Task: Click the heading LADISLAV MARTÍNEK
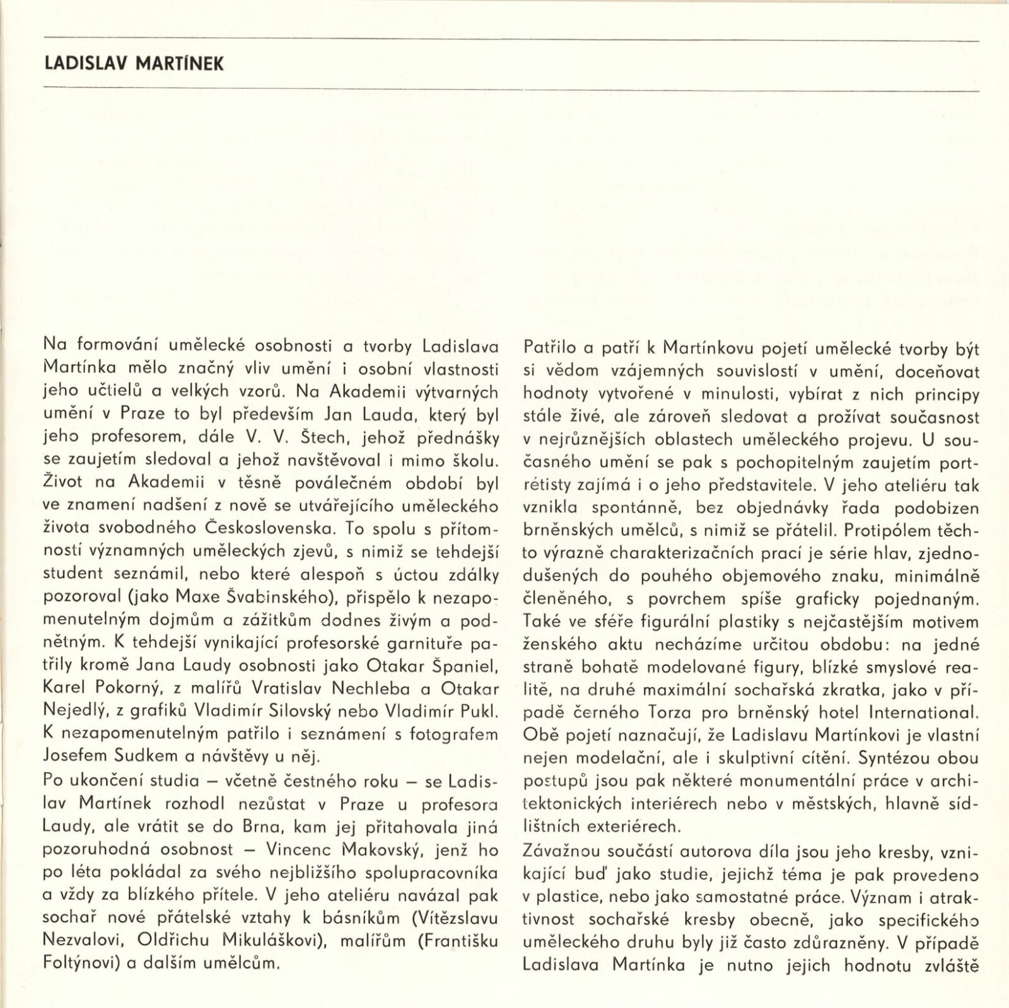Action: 134,65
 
